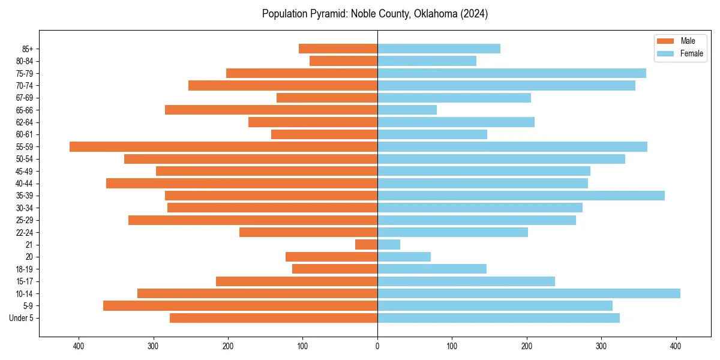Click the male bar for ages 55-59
pyautogui.click(x=223, y=146)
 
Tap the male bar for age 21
pyautogui.click(x=367, y=244)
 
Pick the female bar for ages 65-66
pyautogui.click(x=407, y=110)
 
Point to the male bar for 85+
pyautogui.click(x=338, y=49)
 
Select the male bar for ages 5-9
pyautogui.click(x=240, y=305)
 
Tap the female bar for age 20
pyautogui.click(x=404, y=257)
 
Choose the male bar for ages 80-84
pyautogui.click(x=343, y=61)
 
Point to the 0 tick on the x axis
pyautogui.click(x=377, y=346)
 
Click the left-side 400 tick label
pyautogui.click(x=79, y=346)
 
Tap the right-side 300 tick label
pyautogui.click(x=601, y=346)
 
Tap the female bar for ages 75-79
pyautogui.click(x=512, y=73)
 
